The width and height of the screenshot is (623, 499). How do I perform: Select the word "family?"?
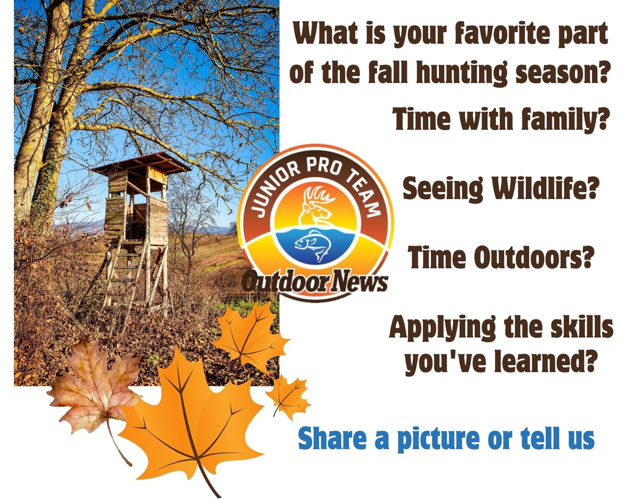pyautogui.click(x=564, y=119)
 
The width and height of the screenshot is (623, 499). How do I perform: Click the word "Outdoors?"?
pyautogui.click(x=532, y=257)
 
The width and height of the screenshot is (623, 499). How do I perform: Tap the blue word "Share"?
pyautogui.click(x=332, y=438)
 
